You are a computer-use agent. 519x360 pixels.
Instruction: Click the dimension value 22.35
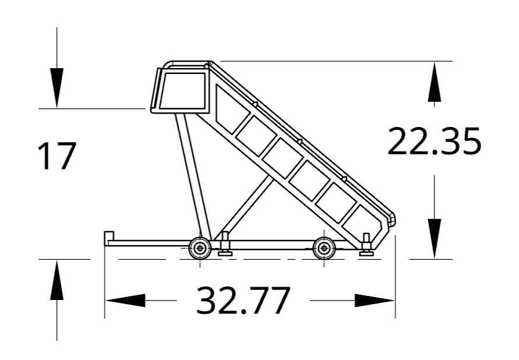coord(434,142)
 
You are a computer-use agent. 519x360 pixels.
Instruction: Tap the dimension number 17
coord(57,156)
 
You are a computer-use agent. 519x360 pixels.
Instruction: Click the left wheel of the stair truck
coord(200,249)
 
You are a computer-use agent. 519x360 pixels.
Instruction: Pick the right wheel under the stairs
coord(323,249)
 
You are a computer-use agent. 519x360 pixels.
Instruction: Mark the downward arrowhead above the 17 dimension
coord(57,87)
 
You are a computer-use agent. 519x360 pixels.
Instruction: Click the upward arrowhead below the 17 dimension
coord(57,280)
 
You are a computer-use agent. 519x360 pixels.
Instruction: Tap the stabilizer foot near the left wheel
coord(225,248)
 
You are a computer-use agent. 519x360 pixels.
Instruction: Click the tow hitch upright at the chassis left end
coord(108,238)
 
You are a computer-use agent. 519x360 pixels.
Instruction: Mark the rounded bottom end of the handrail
coord(392,220)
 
